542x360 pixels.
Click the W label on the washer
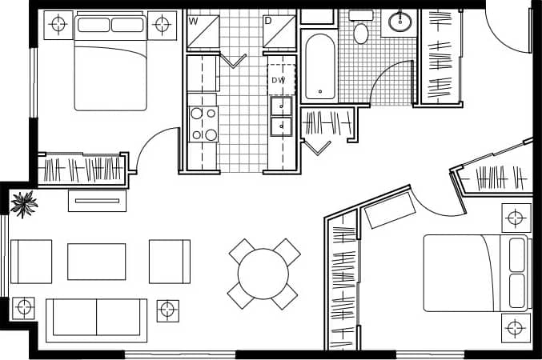pyautogui.click(x=193, y=21)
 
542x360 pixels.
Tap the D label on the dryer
pyautogui.click(x=267, y=21)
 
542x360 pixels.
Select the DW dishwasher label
pyautogui.click(x=278, y=80)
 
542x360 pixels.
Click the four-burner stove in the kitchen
pyautogui.click(x=203, y=124)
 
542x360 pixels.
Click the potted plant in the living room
pyautogui.click(x=23, y=203)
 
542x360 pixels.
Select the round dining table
pyautogui.click(x=263, y=274)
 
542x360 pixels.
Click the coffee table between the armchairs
pyautogui.click(x=96, y=261)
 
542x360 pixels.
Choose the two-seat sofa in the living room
pyautogui.click(x=96, y=318)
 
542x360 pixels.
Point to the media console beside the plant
pyautogui.click(x=97, y=200)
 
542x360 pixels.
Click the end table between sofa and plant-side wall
pyautogui.click(x=24, y=306)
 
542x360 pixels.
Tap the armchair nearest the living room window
pyautogui.click(x=31, y=261)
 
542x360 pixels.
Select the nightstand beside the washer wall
pyautogui.click(x=163, y=24)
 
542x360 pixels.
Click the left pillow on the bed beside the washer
pyautogui.click(x=93, y=24)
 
